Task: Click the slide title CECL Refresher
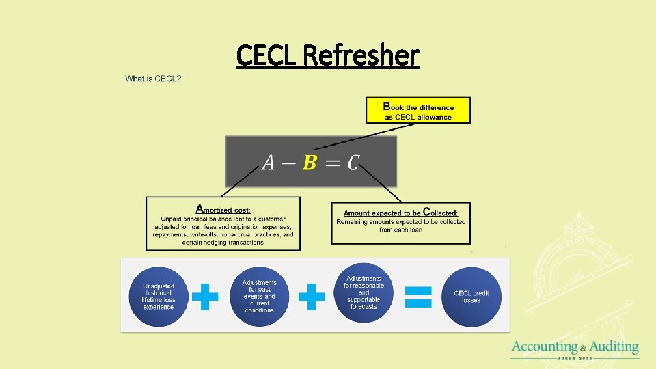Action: pos(327,55)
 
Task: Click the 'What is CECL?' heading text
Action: pos(153,79)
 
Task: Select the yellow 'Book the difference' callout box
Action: pos(418,110)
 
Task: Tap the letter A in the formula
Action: pos(269,163)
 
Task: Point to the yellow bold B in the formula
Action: pos(310,163)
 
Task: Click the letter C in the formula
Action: pos(353,163)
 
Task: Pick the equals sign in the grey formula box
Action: pos(331,164)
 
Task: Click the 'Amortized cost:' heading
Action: pos(223,209)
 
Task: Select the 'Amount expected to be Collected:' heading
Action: pos(400,213)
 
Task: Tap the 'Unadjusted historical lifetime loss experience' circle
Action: pos(159,297)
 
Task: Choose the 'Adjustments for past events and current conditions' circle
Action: pos(259,296)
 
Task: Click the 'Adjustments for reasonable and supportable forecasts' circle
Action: pos(364,292)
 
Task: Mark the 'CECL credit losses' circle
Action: pos(471,297)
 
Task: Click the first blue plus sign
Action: pos(205,297)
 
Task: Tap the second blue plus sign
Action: pos(311,297)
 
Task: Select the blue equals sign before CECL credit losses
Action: pos(418,296)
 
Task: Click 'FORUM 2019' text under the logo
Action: pos(575,358)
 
